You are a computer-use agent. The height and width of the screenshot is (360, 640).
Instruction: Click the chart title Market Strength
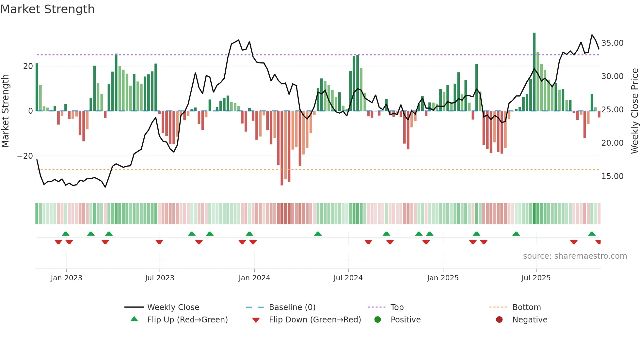tap(47, 9)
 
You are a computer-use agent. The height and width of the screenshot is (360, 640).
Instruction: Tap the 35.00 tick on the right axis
tap(612, 43)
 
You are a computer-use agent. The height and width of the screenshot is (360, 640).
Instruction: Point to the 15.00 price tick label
tap(612, 176)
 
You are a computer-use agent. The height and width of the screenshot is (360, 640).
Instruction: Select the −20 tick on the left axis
tap(25, 156)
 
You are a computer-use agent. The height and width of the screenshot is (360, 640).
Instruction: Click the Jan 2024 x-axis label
tap(254, 278)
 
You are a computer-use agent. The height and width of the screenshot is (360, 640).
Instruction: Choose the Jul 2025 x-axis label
tap(536, 278)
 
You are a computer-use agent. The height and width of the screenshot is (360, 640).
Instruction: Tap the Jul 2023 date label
tap(160, 278)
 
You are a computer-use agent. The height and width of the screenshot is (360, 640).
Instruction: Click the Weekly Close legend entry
tap(173, 307)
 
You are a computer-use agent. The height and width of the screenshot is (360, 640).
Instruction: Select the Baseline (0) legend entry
tap(292, 307)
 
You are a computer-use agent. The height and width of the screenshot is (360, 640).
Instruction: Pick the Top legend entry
tap(397, 307)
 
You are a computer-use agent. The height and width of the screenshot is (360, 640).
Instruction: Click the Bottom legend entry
tap(526, 307)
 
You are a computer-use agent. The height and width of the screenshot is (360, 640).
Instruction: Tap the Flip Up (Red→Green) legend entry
tap(187, 320)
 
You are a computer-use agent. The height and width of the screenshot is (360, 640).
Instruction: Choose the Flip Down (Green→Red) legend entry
tap(315, 320)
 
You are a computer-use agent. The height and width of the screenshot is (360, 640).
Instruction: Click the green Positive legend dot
tap(378, 320)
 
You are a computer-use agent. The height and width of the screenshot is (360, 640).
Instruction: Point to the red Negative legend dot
tap(499, 320)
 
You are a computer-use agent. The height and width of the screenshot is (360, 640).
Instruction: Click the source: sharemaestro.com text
tap(575, 256)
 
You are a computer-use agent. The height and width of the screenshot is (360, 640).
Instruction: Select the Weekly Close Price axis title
tap(634, 111)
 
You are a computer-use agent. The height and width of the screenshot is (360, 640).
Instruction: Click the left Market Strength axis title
tap(6, 111)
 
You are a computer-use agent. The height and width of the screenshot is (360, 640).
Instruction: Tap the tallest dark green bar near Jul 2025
tap(534, 72)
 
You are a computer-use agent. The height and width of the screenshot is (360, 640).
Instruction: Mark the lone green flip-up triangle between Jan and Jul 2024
tap(318, 234)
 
